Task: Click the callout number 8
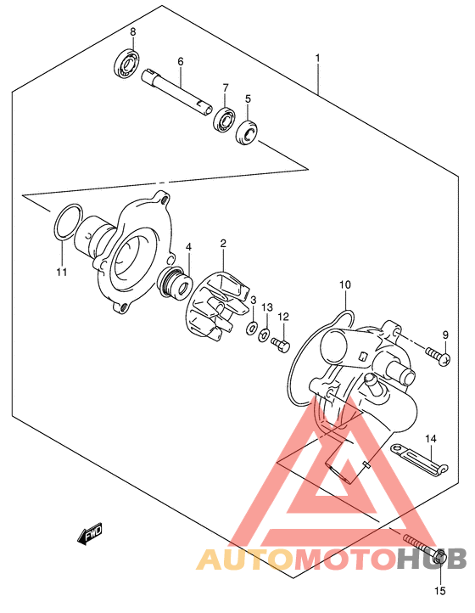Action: click(x=133, y=32)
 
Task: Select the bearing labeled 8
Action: click(x=128, y=64)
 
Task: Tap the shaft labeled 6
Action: click(x=176, y=93)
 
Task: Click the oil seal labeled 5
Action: click(x=248, y=132)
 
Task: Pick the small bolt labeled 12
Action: click(x=281, y=345)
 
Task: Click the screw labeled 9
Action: click(x=439, y=355)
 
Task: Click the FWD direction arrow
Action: click(x=90, y=533)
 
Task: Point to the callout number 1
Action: click(x=317, y=59)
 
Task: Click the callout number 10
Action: click(x=345, y=284)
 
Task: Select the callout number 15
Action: click(x=439, y=591)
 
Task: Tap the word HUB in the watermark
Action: click(x=432, y=559)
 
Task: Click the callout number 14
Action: click(x=431, y=439)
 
